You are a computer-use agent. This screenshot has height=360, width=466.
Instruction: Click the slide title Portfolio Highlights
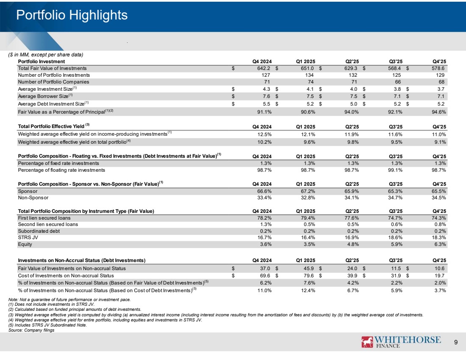(x=72, y=15)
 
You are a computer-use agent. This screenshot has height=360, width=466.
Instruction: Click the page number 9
(x=455, y=343)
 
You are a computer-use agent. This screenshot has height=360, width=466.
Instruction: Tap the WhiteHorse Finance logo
(x=401, y=342)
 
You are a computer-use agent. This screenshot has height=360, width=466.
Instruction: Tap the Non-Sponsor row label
(x=33, y=198)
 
